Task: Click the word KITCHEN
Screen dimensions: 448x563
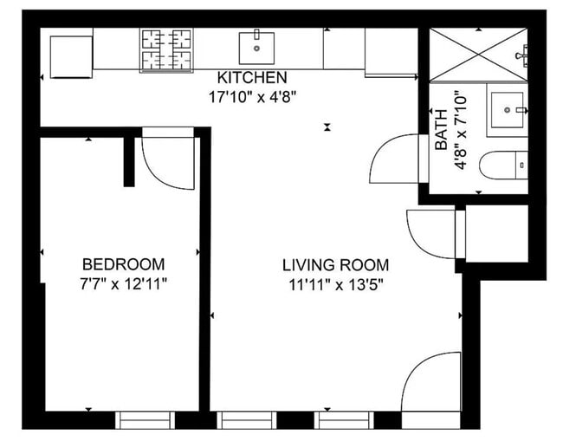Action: pos(252,78)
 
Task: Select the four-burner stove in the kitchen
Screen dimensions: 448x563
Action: pos(167,49)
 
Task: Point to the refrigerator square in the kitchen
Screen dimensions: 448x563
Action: pos(71,55)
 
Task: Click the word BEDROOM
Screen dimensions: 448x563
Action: pos(123,264)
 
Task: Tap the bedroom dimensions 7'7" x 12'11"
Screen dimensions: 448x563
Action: pos(123,282)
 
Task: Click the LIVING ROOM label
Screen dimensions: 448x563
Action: pos(336,265)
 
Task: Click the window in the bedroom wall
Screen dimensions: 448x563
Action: pos(146,420)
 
